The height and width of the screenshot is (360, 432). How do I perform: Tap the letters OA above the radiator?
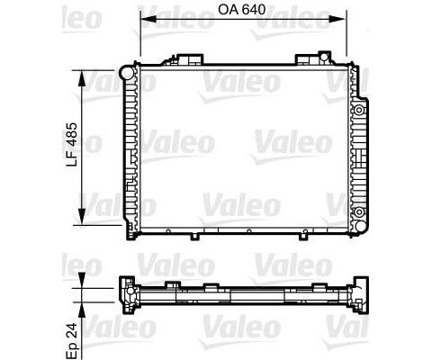tap(230, 11)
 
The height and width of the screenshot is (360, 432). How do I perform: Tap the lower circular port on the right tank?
tap(358, 212)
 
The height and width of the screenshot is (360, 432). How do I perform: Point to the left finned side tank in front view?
tap(130, 148)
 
